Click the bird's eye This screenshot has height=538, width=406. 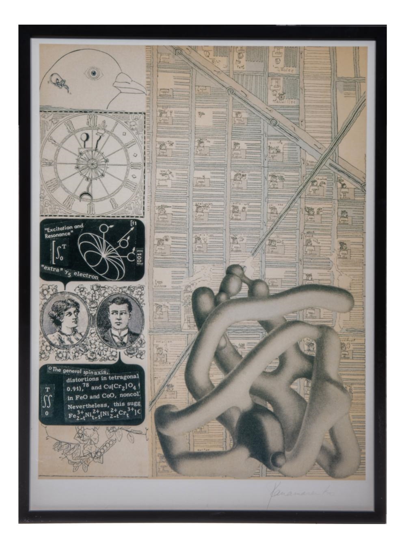pos(94,73)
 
